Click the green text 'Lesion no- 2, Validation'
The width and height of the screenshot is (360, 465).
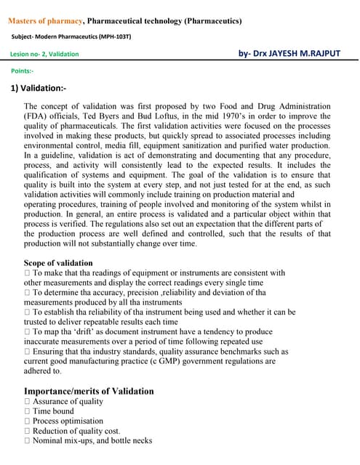point(45,54)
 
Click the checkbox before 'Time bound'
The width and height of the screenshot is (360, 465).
point(27,411)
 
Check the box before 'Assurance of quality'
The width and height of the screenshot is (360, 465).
point(27,402)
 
